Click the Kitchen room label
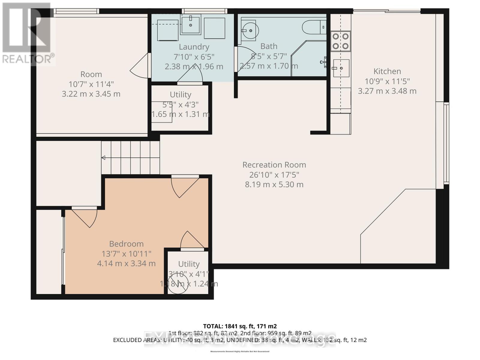tap(387, 71)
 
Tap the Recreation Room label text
tap(274, 165)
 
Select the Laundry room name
tap(194, 47)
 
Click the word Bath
tap(269, 46)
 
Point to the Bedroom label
tap(126, 244)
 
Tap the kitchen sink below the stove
tap(341, 68)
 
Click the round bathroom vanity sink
tap(249, 30)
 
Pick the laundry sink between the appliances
tap(190, 25)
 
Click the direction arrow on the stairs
tap(103, 158)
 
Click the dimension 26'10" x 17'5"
tap(274, 175)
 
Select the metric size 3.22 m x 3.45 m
tap(91, 94)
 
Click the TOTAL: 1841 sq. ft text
tap(240, 326)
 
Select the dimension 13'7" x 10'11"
tap(126, 254)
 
